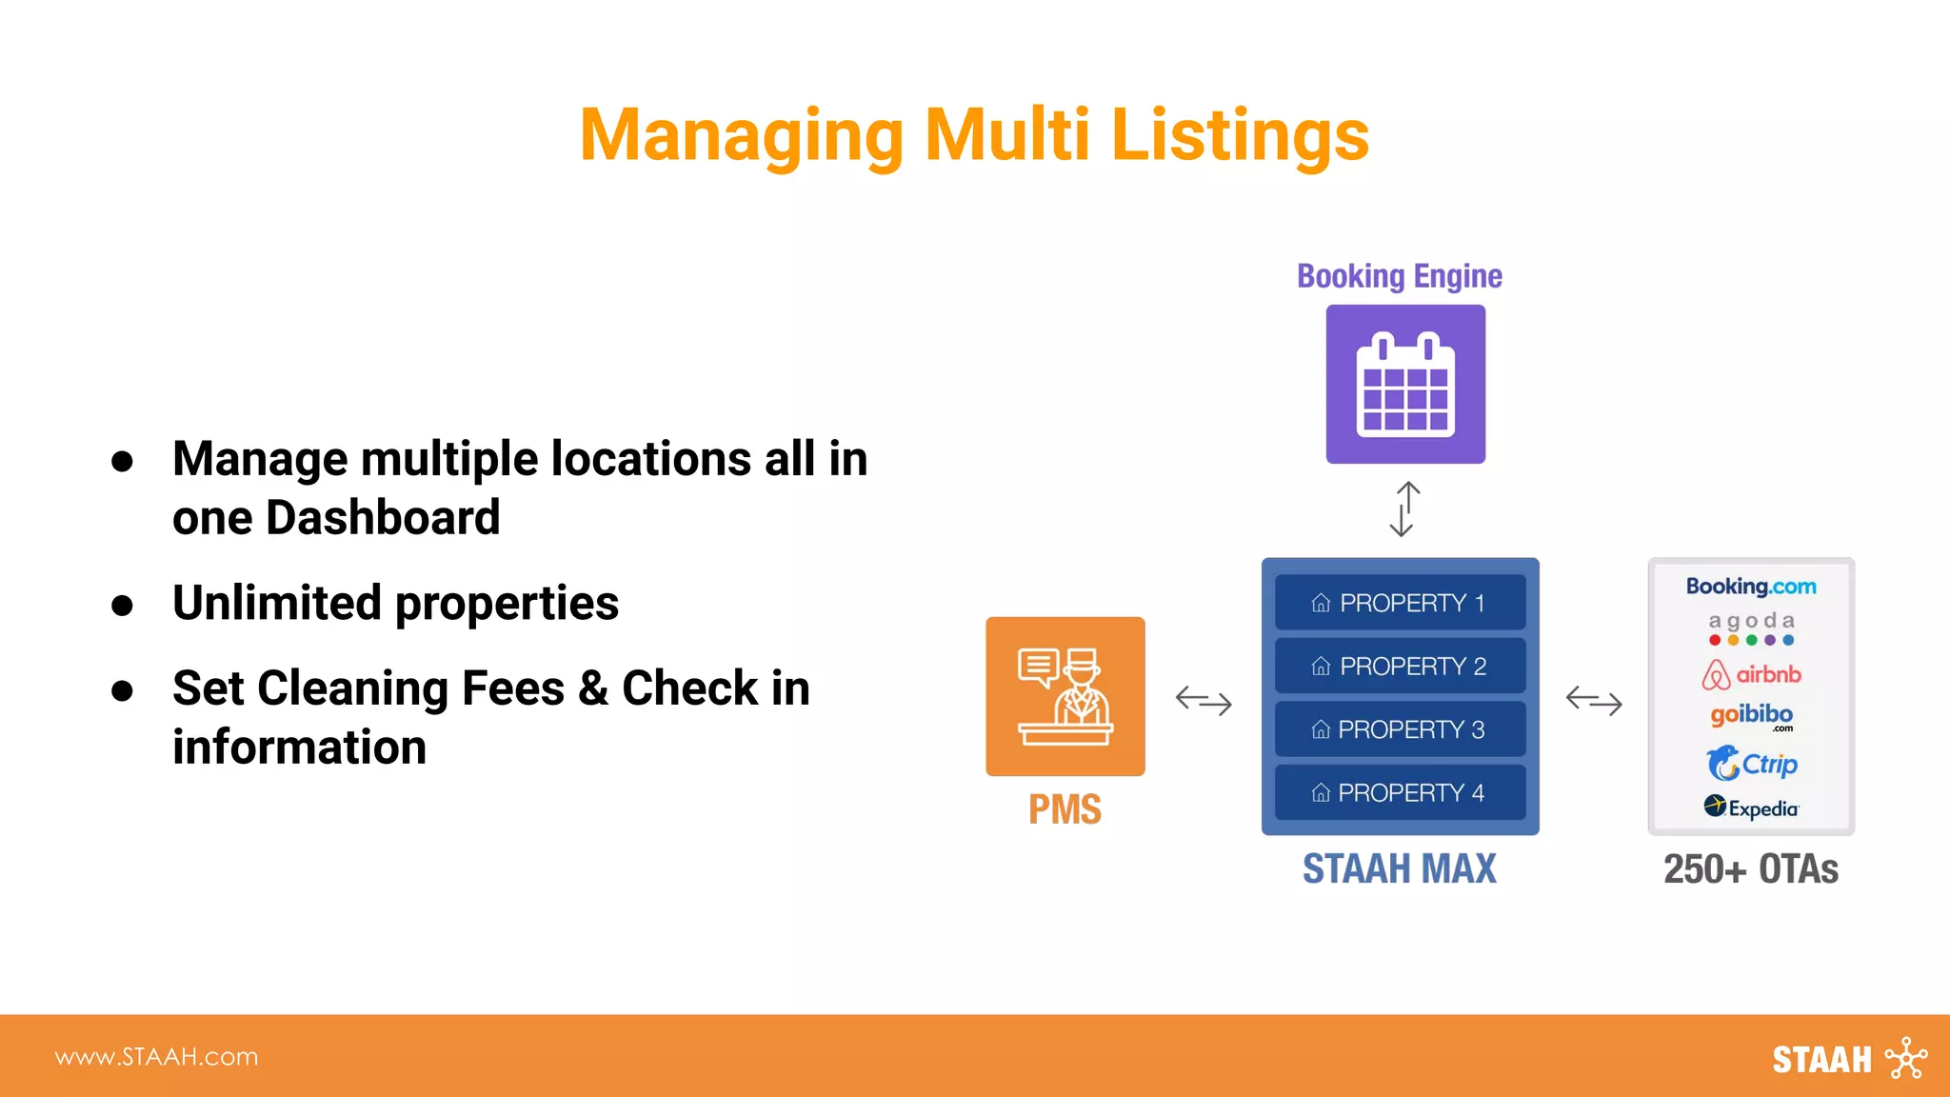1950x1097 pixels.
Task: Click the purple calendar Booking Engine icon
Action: [1405, 384]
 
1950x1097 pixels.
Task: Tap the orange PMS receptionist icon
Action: [1065, 696]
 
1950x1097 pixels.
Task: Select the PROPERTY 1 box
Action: [1400, 603]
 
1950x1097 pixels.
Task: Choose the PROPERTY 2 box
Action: [1400, 666]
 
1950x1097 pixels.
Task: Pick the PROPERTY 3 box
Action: [1400, 729]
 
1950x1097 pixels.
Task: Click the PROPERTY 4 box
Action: [1400, 792]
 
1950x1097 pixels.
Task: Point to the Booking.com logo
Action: [1751, 587]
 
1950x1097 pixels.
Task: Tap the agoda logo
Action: [1751, 628]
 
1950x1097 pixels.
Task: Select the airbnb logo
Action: [1751, 674]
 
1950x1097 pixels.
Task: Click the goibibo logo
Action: [1751, 715]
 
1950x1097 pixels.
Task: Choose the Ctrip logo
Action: [1751, 764]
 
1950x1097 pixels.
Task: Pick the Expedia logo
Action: [1751, 808]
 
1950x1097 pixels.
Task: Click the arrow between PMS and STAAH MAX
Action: [1204, 700]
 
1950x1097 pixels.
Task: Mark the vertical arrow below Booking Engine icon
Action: [1404, 509]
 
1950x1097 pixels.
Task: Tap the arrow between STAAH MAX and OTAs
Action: [1594, 700]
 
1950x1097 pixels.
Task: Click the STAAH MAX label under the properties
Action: [1399, 868]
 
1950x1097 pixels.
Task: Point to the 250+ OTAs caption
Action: [1750, 868]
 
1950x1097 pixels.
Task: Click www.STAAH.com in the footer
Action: [156, 1057]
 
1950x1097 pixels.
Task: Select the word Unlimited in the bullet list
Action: [276, 603]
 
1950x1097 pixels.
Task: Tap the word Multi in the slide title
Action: [1006, 135]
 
